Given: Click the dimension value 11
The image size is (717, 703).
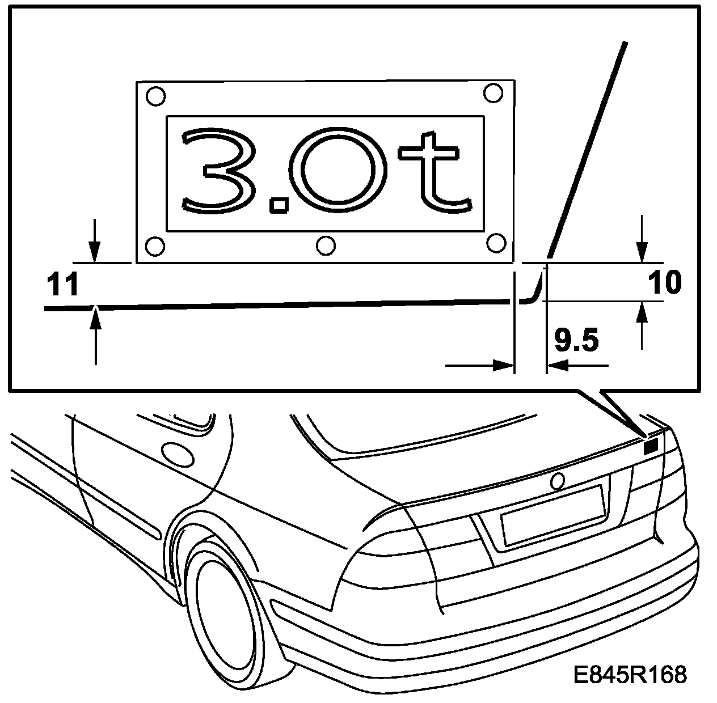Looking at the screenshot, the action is click(62, 285).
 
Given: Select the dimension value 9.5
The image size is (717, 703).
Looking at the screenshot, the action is click(576, 341).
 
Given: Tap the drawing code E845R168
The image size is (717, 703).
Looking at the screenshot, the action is click(630, 675).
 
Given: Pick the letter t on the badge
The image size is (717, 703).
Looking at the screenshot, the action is click(434, 170).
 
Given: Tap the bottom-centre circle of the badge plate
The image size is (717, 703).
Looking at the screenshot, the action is click(326, 245).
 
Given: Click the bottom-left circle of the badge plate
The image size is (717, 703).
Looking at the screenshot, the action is click(155, 246).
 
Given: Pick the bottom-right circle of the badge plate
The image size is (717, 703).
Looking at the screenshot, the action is click(496, 242).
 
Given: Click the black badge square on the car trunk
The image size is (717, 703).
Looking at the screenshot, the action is click(651, 447).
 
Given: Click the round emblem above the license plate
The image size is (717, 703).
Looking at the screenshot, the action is click(558, 481).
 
